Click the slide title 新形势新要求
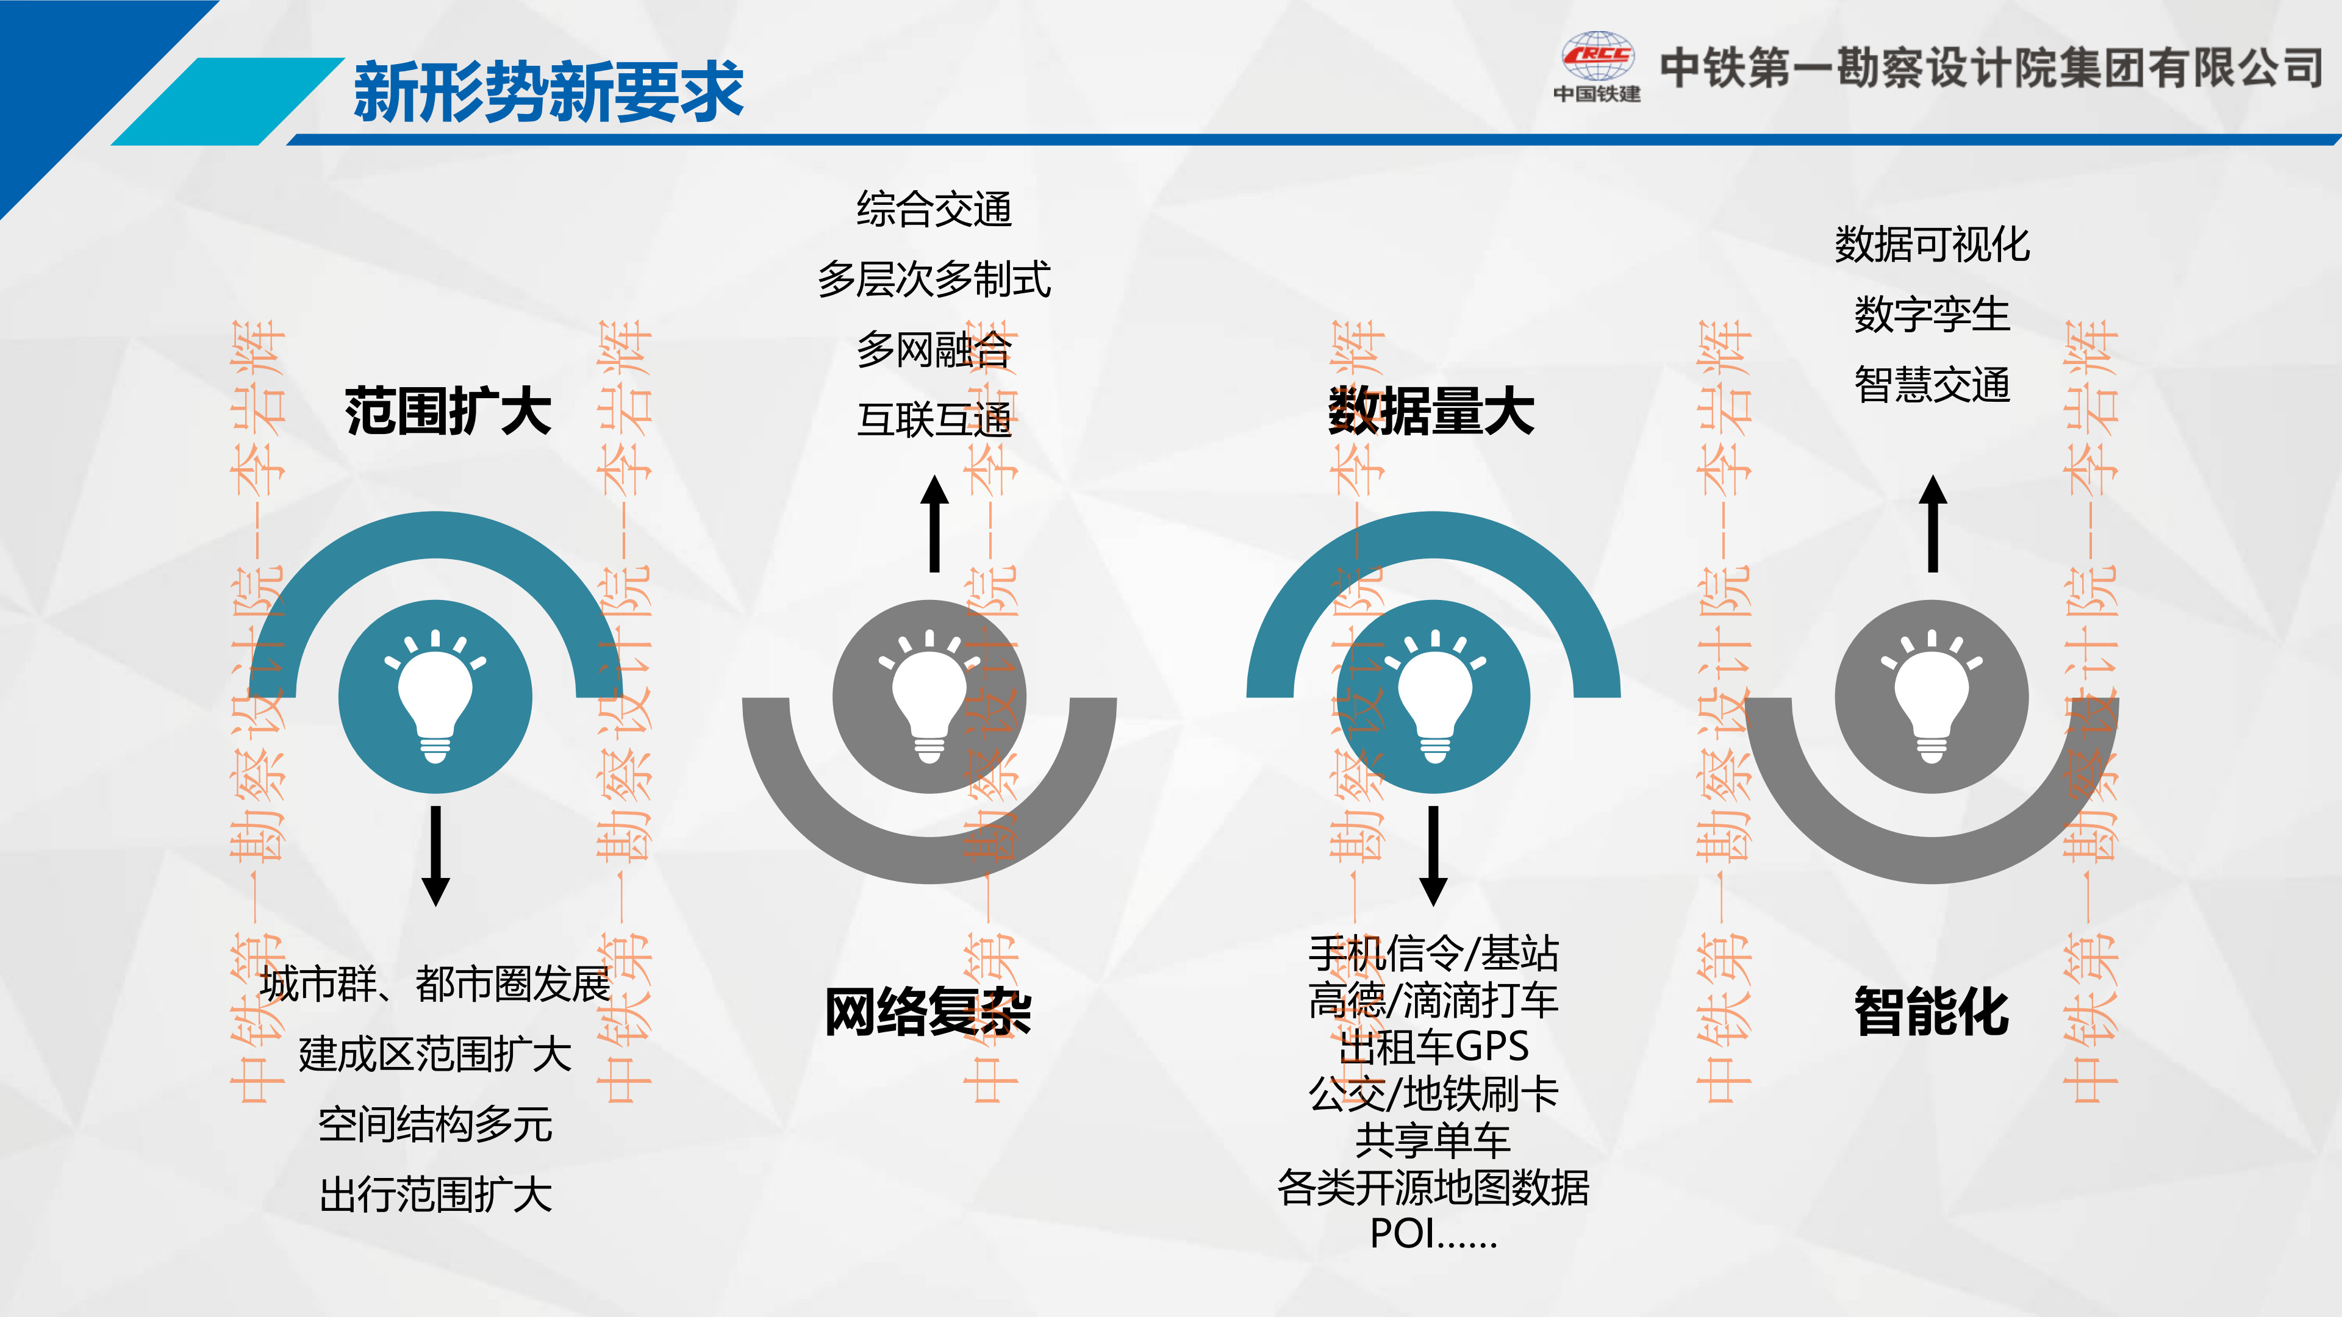pyautogui.click(x=548, y=92)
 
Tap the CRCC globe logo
pyautogui.click(x=1597, y=56)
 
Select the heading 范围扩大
pyautogui.click(x=448, y=411)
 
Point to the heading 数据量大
pyautogui.click(x=1432, y=411)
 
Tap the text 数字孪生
pyautogui.click(x=1932, y=315)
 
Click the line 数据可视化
pyautogui.click(x=1932, y=244)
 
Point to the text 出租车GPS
pyautogui.click(x=1434, y=1046)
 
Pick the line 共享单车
pyautogui.click(x=1434, y=1140)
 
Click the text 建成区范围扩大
pyautogui.click(x=435, y=1054)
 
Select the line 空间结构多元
pyautogui.click(x=435, y=1124)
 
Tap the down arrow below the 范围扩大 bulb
pyautogui.click(x=435, y=856)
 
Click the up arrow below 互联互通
pyautogui.click(x=934, y=524)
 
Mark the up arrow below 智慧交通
pyautogui.click(x=1933, y=524)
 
